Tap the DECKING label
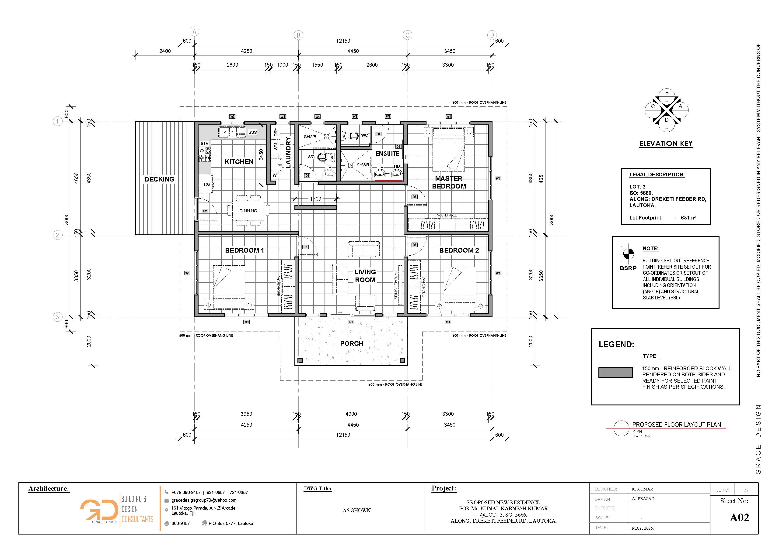click(x=159, y=179)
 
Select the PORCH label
click(x=352, y=343)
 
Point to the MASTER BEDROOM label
click(x=449, y=182)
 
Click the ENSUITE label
click(x=387, y=154)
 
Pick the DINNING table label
click(x=248, y=211)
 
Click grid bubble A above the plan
click(x=194, y=31)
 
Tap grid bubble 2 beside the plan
click(x=57, y=235)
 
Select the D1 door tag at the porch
click(x=351, y=322)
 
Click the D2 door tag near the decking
click(x=205, y=211)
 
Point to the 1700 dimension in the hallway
click(x=315, y=199)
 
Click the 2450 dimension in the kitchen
click(x=261, y=155)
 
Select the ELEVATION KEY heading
click(x=666, y=144)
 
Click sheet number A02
click(x=739, y=518)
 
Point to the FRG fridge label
click(x=206, y=184)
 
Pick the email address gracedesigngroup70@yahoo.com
click(x=204, y=500)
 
